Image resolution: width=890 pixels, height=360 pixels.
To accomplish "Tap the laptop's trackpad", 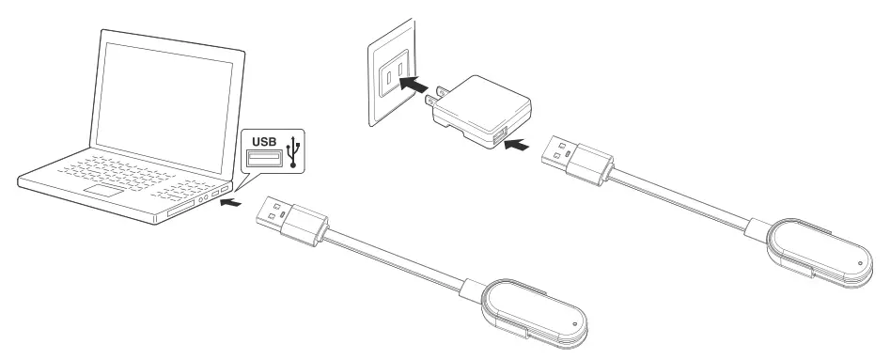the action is tap(105, 192).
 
